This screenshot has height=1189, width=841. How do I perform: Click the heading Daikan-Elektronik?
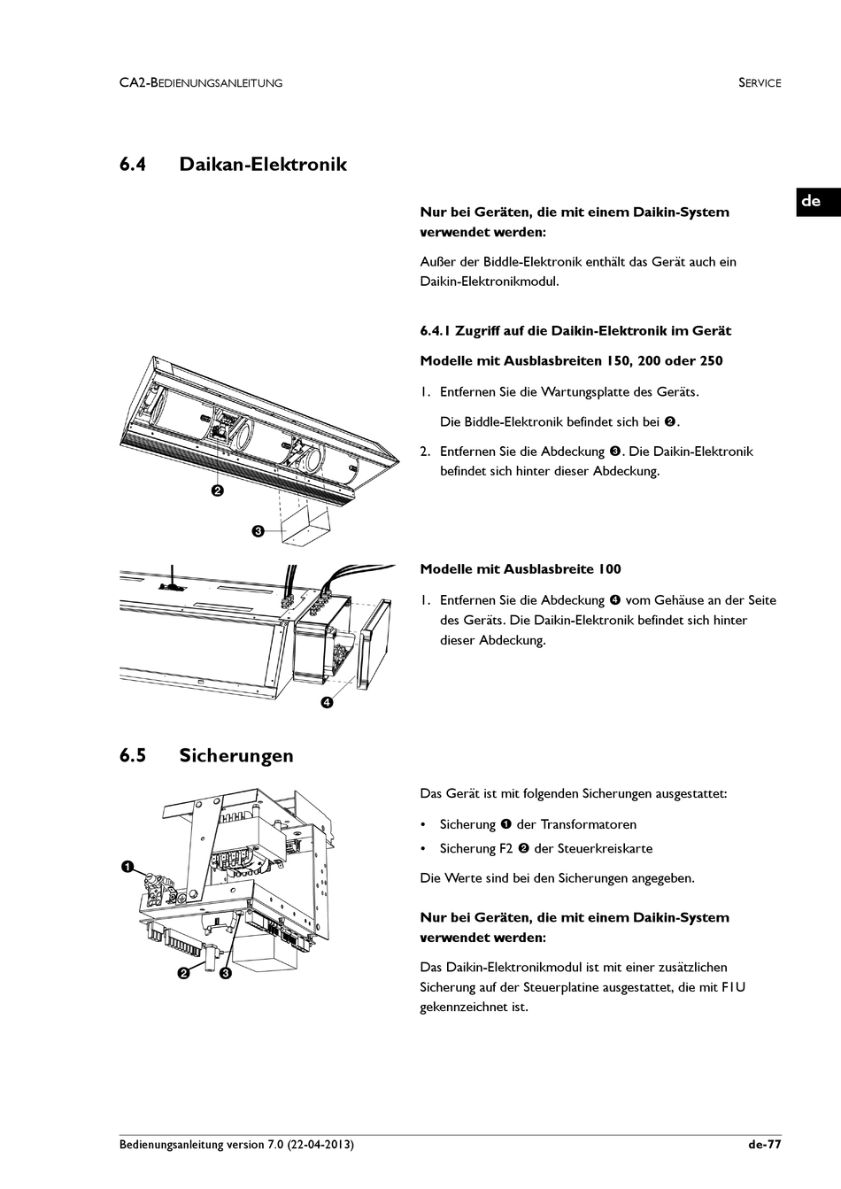pos(263,165)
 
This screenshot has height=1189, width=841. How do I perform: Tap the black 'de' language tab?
pos(811,201)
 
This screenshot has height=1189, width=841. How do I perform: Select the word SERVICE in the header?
pos(760,83)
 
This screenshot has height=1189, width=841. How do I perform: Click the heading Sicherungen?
pos(236,756)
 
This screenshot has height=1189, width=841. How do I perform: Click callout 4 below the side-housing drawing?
pos(327,703)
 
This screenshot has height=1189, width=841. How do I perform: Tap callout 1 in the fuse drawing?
pos(127,866)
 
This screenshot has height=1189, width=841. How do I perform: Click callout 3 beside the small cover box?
pos(257,531)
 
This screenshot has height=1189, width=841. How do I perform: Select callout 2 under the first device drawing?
pos(217,490)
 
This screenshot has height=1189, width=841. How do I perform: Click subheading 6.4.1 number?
pos(436,331)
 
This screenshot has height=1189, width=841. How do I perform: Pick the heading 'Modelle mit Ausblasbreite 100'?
pos(521,569)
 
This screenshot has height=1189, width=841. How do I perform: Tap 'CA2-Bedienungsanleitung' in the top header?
pos(201,83)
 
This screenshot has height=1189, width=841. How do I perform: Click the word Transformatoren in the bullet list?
pos(589,824)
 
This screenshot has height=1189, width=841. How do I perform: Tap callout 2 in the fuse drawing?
pos(183,973)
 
